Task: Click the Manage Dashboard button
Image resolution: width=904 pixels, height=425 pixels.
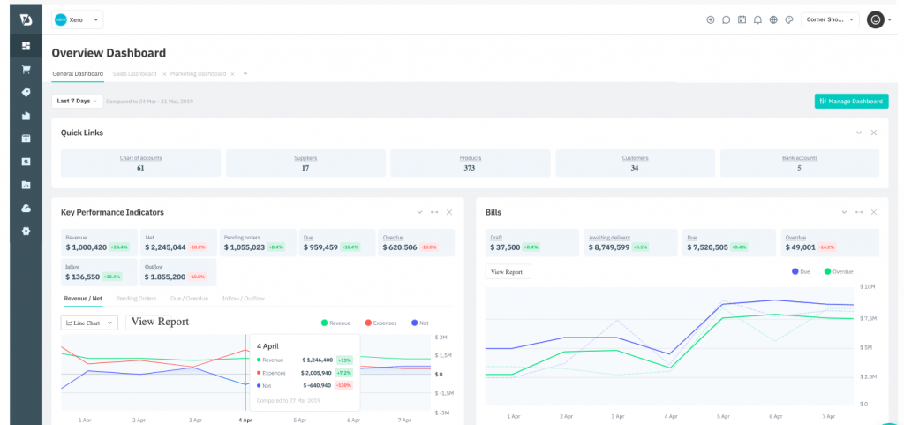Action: coord(851,102)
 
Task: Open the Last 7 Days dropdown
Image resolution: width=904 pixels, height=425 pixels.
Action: coord(77,102)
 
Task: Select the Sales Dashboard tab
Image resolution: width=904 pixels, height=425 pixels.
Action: coord(134,74)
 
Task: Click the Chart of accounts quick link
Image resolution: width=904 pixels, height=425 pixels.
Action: coord(140,163)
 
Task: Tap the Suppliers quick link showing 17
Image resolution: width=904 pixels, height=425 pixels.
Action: coord(305,163)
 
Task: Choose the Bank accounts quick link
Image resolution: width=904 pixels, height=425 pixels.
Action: coord(799,163)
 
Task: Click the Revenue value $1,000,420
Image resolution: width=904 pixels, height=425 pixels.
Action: coord(87,247)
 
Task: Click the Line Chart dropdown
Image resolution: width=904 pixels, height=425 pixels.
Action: coord(89,323)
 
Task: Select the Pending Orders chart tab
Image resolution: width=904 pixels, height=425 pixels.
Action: coord(136,299)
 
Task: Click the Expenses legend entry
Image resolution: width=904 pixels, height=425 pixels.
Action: coord(380,323)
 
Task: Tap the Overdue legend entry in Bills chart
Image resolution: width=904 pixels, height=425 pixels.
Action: coord(839,271)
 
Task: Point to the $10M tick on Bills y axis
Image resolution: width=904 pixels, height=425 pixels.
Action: coord(867,287)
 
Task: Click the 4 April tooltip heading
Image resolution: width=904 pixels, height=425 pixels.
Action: coord(269,346)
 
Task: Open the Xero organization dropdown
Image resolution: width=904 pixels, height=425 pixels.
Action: coord(78,19)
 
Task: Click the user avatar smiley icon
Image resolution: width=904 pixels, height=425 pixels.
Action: coord(875,19)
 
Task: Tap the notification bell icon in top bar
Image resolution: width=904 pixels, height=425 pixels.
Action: coord(757,19)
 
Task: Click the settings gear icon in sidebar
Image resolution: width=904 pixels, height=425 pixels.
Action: coord(26,231)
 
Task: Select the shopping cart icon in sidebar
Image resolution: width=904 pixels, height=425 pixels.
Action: coord(26,69)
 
